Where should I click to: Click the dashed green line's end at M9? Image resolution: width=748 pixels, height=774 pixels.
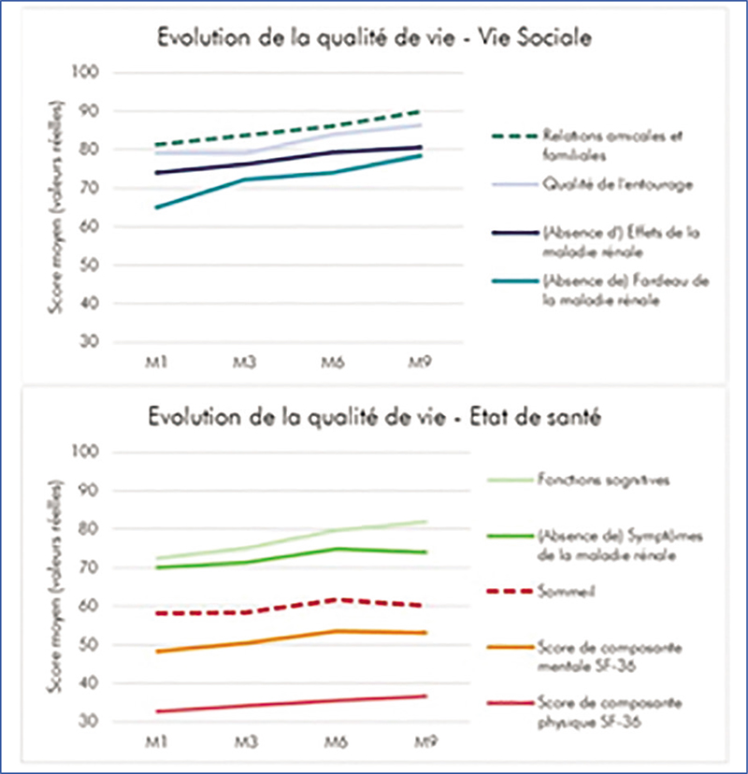point(423,110)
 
